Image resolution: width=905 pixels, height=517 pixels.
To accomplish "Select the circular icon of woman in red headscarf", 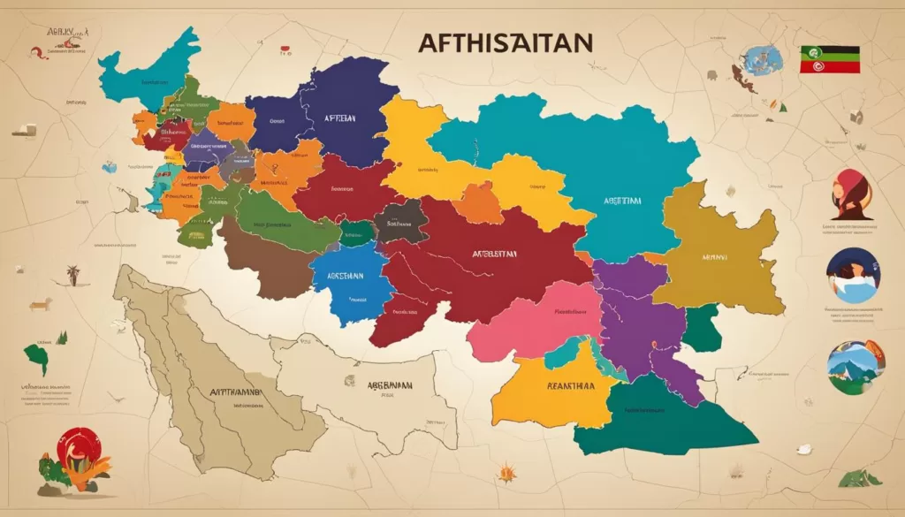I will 850,194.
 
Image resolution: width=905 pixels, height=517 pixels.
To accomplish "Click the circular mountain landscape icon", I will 855,367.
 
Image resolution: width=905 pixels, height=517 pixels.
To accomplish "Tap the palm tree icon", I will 73,275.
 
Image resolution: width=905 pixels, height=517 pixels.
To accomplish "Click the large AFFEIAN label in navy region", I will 339,118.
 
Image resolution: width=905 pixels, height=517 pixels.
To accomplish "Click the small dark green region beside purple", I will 703,328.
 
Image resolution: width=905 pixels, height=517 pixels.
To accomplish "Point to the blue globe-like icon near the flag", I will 763,60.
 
